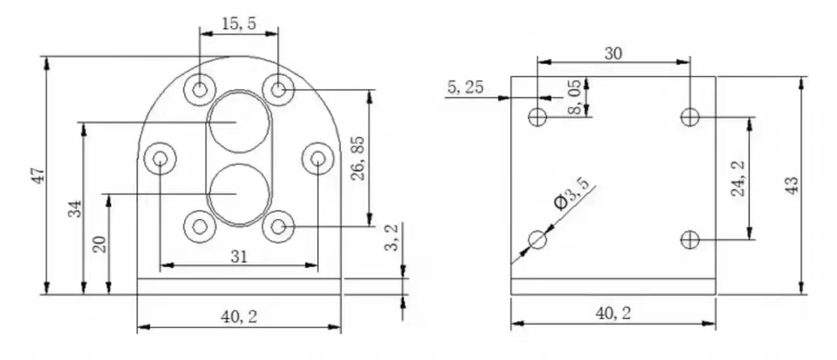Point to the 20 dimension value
pyautogui.click(x=101, y=244)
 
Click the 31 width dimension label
pyautogui.click(x=238, y=256)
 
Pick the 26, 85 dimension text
pyautogui.click(x=358, y=158)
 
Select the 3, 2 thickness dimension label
pyautogui.click(x=394, y=238)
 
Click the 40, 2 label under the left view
pyautogui.click(x=238, y=317)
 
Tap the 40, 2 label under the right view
pyautogui.click(x=613, y=313)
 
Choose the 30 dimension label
pyautogui.click(x=613, y=54)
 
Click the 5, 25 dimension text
pyautogui.click(x=465, y=87)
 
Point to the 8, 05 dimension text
pyautogui.click(x=575, y=98)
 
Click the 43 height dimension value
pyautogui.click(x=792, y=185)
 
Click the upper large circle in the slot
pyautogui.click(x=239, y=123)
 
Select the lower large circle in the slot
pyautogui.click(x=239, y=194)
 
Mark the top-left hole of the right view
pyautogui.click(x=538, y=117)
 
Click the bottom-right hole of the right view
pyautogui.click(x=690, y=239)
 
